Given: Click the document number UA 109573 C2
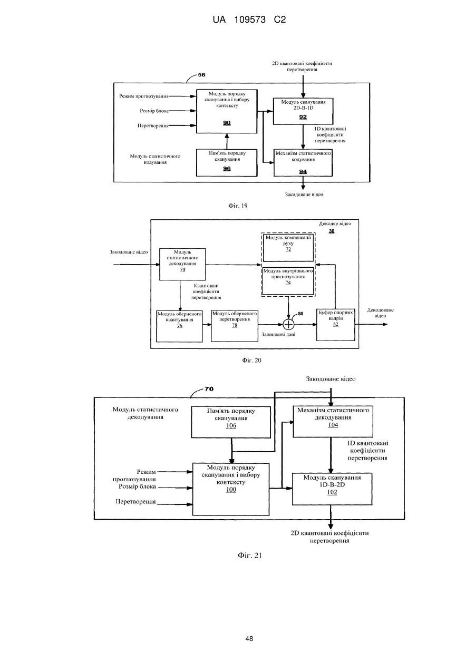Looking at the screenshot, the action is tap(249, 20).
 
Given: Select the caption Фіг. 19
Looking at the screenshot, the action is tap(238, 206).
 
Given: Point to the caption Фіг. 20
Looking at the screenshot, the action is tap(252, 361).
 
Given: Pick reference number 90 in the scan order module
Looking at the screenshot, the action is tap(227, 123).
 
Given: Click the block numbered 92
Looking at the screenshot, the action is tap(303, 111).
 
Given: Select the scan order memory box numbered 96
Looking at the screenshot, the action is tap(227, 163).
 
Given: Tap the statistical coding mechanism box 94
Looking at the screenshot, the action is tap(303, 163).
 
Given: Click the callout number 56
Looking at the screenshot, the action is tap(202, 75).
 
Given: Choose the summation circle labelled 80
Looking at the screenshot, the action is tap(288, 324).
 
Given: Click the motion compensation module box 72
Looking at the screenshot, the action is tap(288, 248).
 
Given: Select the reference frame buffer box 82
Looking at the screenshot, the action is tap(336, 325).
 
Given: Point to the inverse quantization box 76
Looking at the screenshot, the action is tap(180, 326).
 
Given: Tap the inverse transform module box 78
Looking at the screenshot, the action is tap(235, 326).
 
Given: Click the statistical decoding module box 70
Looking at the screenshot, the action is tap(182, 264).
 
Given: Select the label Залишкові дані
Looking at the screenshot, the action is tap(278, 334).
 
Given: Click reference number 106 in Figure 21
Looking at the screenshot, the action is tap(231, 425).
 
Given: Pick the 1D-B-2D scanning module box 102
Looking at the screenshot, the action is tap(332, 489).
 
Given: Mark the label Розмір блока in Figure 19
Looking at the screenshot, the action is tap(154, 111).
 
